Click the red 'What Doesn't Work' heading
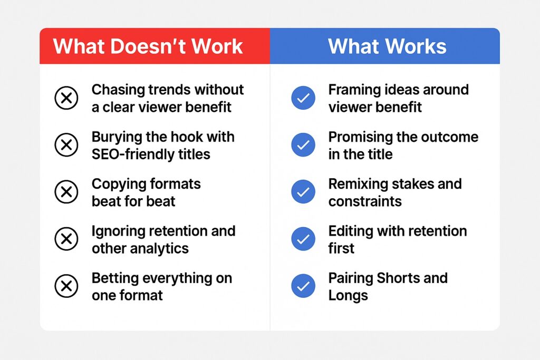[x=148, y=46]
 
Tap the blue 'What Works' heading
[x=387, y=46]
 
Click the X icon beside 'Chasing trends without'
[x=66, y=98]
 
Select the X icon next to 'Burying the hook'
[x=66, y=145]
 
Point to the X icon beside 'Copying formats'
[x=66, y=192]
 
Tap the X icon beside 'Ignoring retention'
[x=66, y=239]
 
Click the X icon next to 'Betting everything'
[x=66, y=286]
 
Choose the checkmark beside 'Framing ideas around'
[x=303, y=98]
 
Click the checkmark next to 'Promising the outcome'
[x=303, y=145]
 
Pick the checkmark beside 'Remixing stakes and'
[x=303, y=192]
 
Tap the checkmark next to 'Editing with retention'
[x=303, y=239]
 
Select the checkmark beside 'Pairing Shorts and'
[x=303, y=286]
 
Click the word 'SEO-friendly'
[x=132, y=154]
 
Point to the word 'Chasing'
[x=118, y=90]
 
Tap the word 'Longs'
[x=348, y=296]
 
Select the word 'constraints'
[x=365, y=201]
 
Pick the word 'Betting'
[x=114, y=278]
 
